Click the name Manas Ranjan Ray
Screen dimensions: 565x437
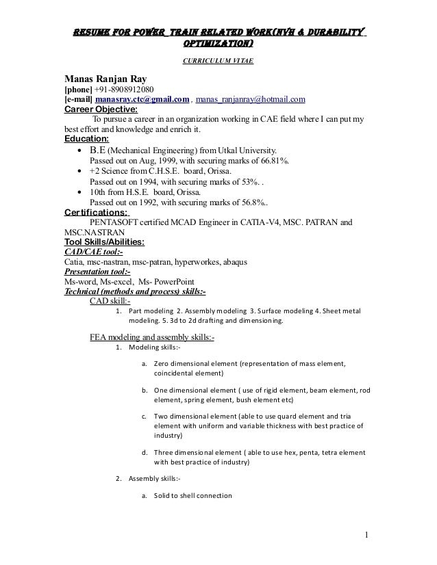109,77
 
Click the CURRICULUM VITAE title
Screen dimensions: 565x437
217,62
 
